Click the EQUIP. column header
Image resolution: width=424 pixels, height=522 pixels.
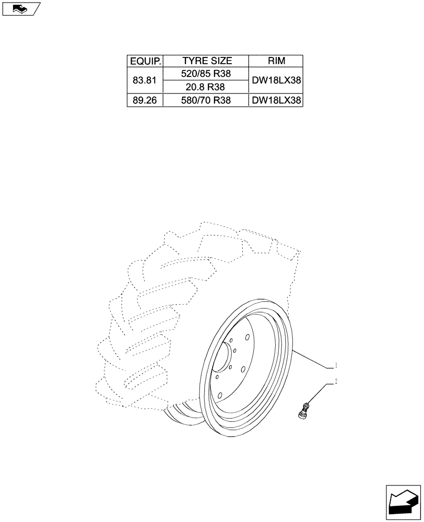tap(145, 61)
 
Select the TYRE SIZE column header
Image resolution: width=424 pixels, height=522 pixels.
tap(207, 61)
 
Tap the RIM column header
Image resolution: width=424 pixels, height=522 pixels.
tap(276, 61)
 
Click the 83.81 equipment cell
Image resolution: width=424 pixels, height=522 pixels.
tap(145, 81)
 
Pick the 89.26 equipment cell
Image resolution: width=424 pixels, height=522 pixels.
tap(145, 100)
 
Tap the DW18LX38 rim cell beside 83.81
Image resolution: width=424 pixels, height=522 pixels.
tap(276, 81)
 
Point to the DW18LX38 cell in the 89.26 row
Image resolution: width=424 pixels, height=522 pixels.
tap(276, 100)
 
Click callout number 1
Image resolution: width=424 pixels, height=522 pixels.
tap(336, 364)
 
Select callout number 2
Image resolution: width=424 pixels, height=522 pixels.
tap(336, 381)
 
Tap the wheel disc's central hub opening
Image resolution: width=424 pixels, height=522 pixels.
tap(223, 360)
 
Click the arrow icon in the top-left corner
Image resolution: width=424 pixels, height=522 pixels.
tap(20, 8)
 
